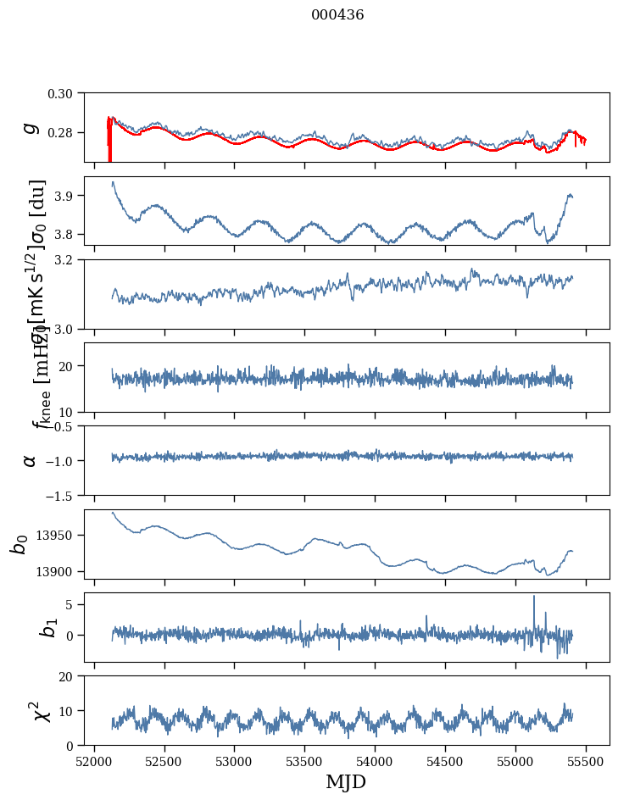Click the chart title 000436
point(337,15)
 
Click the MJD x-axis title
point(346,781)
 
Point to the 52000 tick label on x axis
point(94,762)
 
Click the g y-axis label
point(31,127)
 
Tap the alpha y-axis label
point(31,460)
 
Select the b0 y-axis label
point(19,543)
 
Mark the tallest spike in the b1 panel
point(534,597)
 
